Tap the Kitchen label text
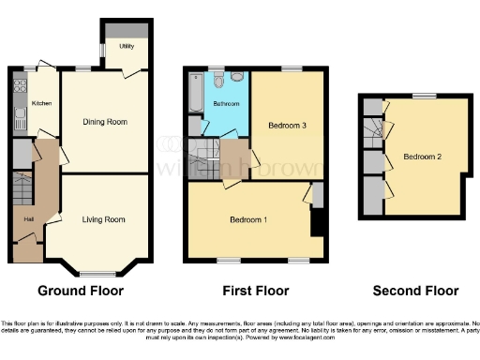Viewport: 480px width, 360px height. pos(42,103)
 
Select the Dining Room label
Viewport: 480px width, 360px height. pos(105,122)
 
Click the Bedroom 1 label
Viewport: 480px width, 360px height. pos(249,220)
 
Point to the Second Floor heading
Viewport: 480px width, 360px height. pos(415,291)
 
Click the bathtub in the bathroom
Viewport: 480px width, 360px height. pos(193,94)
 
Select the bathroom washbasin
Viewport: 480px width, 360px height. pos(217,77)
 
